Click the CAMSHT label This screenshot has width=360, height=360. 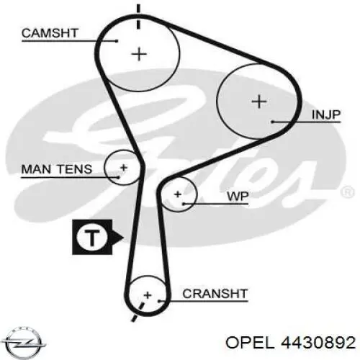click(x=50, y=33)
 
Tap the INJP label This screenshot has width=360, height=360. click(x=326, y=114)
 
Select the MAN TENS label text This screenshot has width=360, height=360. click(x=57, y=169)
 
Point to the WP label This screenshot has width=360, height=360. click(x=238, y=197)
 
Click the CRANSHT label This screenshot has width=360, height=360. click(x=215, y=294)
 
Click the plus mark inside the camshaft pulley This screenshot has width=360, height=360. click(x=139, y=54)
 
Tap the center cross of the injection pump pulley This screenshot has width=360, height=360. click(x=259, y=102)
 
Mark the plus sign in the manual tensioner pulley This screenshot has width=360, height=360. click(x=124, y=168)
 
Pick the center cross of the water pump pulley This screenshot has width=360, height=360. click(x=178, y=194)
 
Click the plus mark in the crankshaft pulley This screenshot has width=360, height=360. click(x=148, y=295)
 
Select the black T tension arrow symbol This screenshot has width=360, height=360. click(x=98, y=237)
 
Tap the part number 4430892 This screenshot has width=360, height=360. click(x=318, y=343)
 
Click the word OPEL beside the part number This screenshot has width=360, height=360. click(x=250, y=343)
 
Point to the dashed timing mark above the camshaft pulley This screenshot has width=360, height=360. click(x=138, y=17)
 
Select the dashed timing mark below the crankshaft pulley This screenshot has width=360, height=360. click(x=138, y=312)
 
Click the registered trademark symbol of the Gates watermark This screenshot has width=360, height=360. click(x=348, y=192)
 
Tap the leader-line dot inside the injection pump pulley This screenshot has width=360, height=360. click(x=273, y=122)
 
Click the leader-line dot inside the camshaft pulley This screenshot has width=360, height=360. click(x=117, y=41)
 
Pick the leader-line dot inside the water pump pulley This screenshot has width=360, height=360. click(x=184, y=204)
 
